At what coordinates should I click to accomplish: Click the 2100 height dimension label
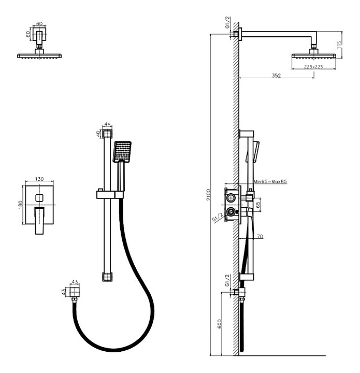point(208,195)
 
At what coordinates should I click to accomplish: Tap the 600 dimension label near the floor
point(219,324)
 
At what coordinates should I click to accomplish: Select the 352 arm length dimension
point(276,76)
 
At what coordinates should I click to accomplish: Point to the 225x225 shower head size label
point(313,67)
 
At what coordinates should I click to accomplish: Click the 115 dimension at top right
point(339,45)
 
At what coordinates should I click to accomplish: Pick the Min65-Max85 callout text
point(270,181)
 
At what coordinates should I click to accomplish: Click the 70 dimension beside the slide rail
point(260,236)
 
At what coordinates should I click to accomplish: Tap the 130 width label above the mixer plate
point(39,179)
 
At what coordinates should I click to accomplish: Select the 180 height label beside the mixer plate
point(20,205)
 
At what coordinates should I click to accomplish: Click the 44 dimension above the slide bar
point(107,124)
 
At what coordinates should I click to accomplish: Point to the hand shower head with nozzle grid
point(122,151)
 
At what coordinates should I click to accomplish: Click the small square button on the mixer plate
point(39,198)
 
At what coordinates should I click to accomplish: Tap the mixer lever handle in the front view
point(39,221)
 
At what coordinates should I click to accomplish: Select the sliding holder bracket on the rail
point(110,194)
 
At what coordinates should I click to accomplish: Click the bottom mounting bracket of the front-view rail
point(107,277)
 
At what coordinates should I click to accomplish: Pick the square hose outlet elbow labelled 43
point(75,291)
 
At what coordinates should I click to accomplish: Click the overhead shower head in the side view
point(314,56)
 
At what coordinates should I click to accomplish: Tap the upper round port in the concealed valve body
point(231,198)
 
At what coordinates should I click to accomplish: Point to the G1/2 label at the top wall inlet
point(228,22)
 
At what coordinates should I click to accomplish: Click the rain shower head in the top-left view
point(39,56)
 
